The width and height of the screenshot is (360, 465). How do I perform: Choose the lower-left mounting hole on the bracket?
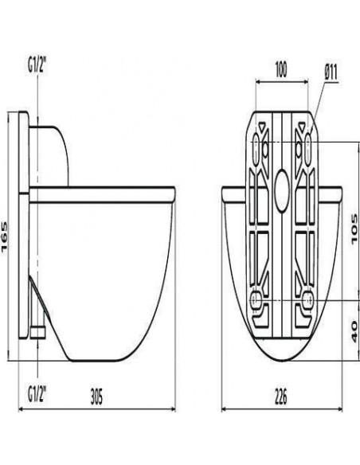(256, 300)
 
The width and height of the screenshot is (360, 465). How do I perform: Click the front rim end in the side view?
(172, 193)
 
